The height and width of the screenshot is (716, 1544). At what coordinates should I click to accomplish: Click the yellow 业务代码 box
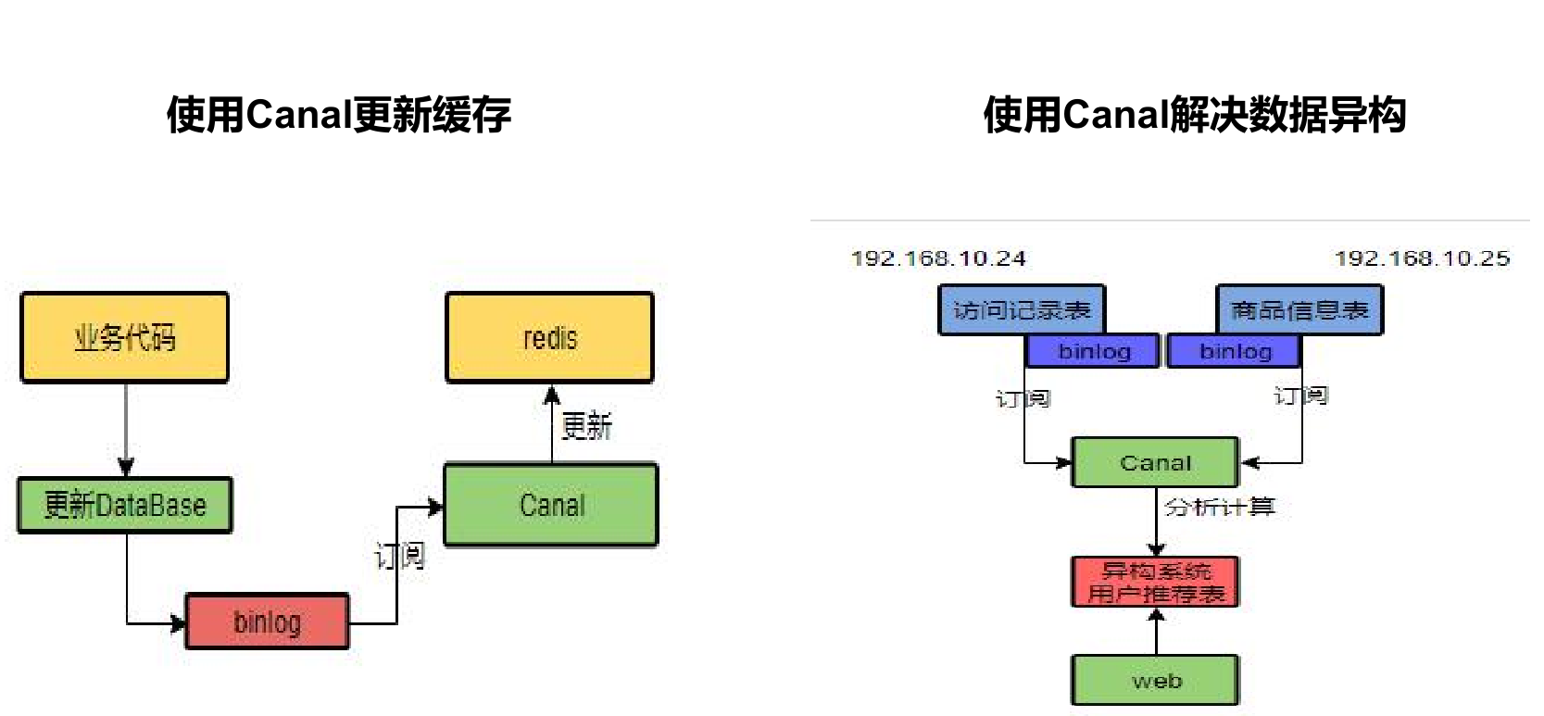pyautogui.click(x=124, y=337)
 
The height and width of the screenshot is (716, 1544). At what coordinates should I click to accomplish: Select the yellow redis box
pyautogui.click(x=549, y=337)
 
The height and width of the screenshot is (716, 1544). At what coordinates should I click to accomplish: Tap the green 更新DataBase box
pyautogui.click(x=125, y=505)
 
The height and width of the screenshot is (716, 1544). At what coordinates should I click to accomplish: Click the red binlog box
pyautogui.click(x=267, y=622)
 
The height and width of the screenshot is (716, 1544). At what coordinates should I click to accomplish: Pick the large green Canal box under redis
pyautogui.click(x=551, y=505)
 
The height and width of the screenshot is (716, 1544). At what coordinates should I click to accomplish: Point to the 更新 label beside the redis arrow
pyautogui.click(x=586, y=426)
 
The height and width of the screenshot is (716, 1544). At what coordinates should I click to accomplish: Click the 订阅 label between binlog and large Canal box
pyautogui.click(x=400, y=556)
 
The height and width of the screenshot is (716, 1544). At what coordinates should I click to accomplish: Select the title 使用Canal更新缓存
pyautogui.click(x=339, y=115)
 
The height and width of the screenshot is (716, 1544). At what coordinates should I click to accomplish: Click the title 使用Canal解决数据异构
pyautogui.click(x=1194, y=115)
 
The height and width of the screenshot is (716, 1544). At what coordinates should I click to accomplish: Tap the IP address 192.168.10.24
pyautogui.click(x=938, y=258)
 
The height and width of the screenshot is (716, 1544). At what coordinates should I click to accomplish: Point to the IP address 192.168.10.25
pyautogui.click(x=1422, y=258)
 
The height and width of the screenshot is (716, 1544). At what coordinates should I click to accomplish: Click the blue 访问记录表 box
pyautogui.click(x=1022, y=309)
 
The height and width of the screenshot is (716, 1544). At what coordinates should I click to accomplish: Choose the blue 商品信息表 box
pyautogui.click(x=1299, y=309)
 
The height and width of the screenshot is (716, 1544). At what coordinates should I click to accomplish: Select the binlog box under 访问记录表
pyautogui.click(x=1094, y=351)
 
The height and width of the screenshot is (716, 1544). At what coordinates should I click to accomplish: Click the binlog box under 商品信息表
pyautogui.click(x=1235, y=351)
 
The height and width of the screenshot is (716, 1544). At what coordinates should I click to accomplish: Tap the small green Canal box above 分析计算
pyautogui.click(x=1155, y=462)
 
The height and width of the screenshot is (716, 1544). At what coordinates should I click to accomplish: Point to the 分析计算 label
pyautogui.click(x=1219, y=507)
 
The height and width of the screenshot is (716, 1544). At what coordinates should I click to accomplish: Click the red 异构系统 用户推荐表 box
pyautogui.click(x=1155, y=582)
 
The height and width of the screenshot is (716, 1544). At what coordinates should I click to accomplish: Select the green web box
pyautogui.click(x=1155, y=681)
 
